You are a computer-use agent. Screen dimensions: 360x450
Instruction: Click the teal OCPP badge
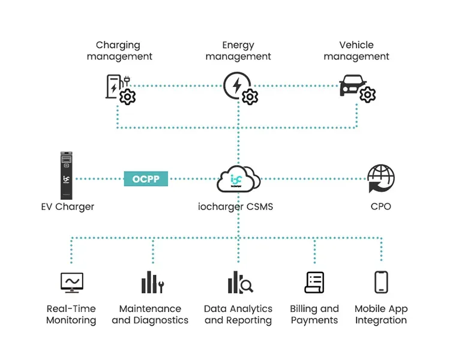pyautogui.click(x=146, y=179)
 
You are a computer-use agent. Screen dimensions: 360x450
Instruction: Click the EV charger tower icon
pyautogui.click(x=66, y=176)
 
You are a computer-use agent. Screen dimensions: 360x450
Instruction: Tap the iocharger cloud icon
pyautogui.click(x=238, y=179)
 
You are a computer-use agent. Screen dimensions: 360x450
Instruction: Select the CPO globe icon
pyautogui.click(x=381, y=178)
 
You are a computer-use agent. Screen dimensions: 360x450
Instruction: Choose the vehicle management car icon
pyautogui.click(x=357, y=89)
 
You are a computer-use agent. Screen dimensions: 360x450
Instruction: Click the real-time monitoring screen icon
pyautogui.click(x=72, y=282)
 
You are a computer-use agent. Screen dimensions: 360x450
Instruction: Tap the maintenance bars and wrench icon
pyautogui.click(x=152, y=282)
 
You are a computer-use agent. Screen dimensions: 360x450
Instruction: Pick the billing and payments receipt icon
pyautogui.click(x=314, y=282)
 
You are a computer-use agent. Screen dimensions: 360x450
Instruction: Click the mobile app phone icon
pyautogui.click(x=381, y=282)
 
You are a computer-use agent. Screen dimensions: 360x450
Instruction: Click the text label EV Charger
pyautogui.click(x=68, y=206)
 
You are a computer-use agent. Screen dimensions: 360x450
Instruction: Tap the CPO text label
pyautogui.click(x=381, y=206)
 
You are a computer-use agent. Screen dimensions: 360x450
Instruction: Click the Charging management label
pyautogui.click(x=119, y=50)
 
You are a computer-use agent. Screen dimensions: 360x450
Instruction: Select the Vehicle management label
pyautogui.click(x=356, y=50)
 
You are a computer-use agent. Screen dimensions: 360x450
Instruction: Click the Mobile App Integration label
pyautogui.click(x=381, y=314)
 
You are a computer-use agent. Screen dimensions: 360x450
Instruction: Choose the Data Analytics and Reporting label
pyautogui.click(x=238, y=314)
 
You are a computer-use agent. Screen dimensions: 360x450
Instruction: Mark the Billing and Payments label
pyautogui.click(x=314, y=314)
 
